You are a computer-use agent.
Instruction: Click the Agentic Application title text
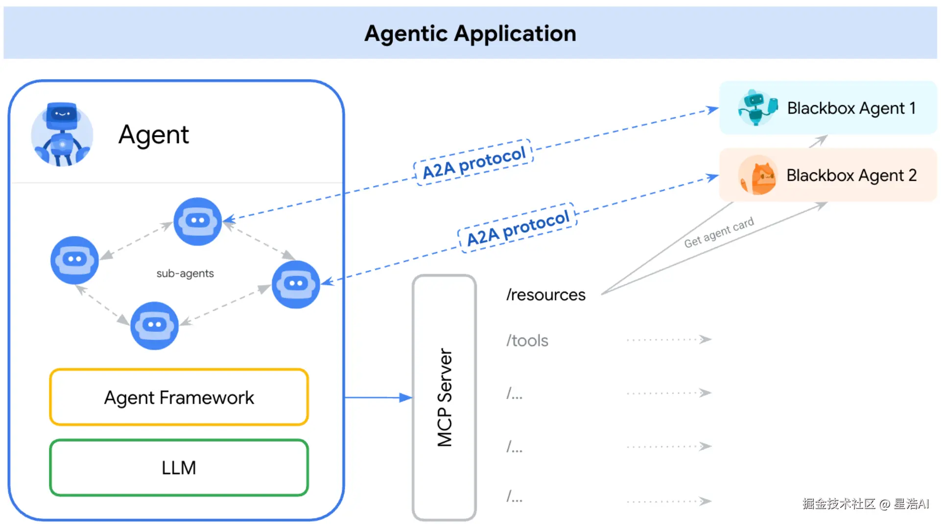click(x=470, y=34)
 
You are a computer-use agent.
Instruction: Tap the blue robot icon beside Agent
click(x=62, y=135)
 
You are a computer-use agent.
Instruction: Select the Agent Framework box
click(x=179, y=397)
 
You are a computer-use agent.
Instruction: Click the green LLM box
click(x=179, y=468)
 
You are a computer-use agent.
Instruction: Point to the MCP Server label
click(x=445, y=397)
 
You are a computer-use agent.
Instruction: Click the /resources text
click(x=545, y=295)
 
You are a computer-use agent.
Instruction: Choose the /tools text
click(x=527, y=341)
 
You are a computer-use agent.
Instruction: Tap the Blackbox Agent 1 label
click(x=851, y=108)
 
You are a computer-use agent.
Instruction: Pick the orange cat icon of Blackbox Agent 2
click(x=758, y=175)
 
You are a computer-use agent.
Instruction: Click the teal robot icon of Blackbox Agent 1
click(x=757, y=108)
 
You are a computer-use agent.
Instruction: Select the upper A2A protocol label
click(x=473, y=163)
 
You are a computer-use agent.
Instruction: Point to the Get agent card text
click(x=719, y=233)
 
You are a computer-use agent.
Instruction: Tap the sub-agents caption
click(x=185, y=273)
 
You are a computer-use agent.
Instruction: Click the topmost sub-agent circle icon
click(x=198, y=221)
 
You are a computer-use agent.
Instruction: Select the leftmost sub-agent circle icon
click(x=74, y=260)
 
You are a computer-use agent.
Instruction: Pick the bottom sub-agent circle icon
click(x=154, y=325)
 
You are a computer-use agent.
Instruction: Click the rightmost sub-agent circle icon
click(x=296, y=284)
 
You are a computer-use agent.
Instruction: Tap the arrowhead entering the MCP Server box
click(x=405, y=398)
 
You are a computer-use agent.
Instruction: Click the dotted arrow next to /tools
click(x=669, y=340)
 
